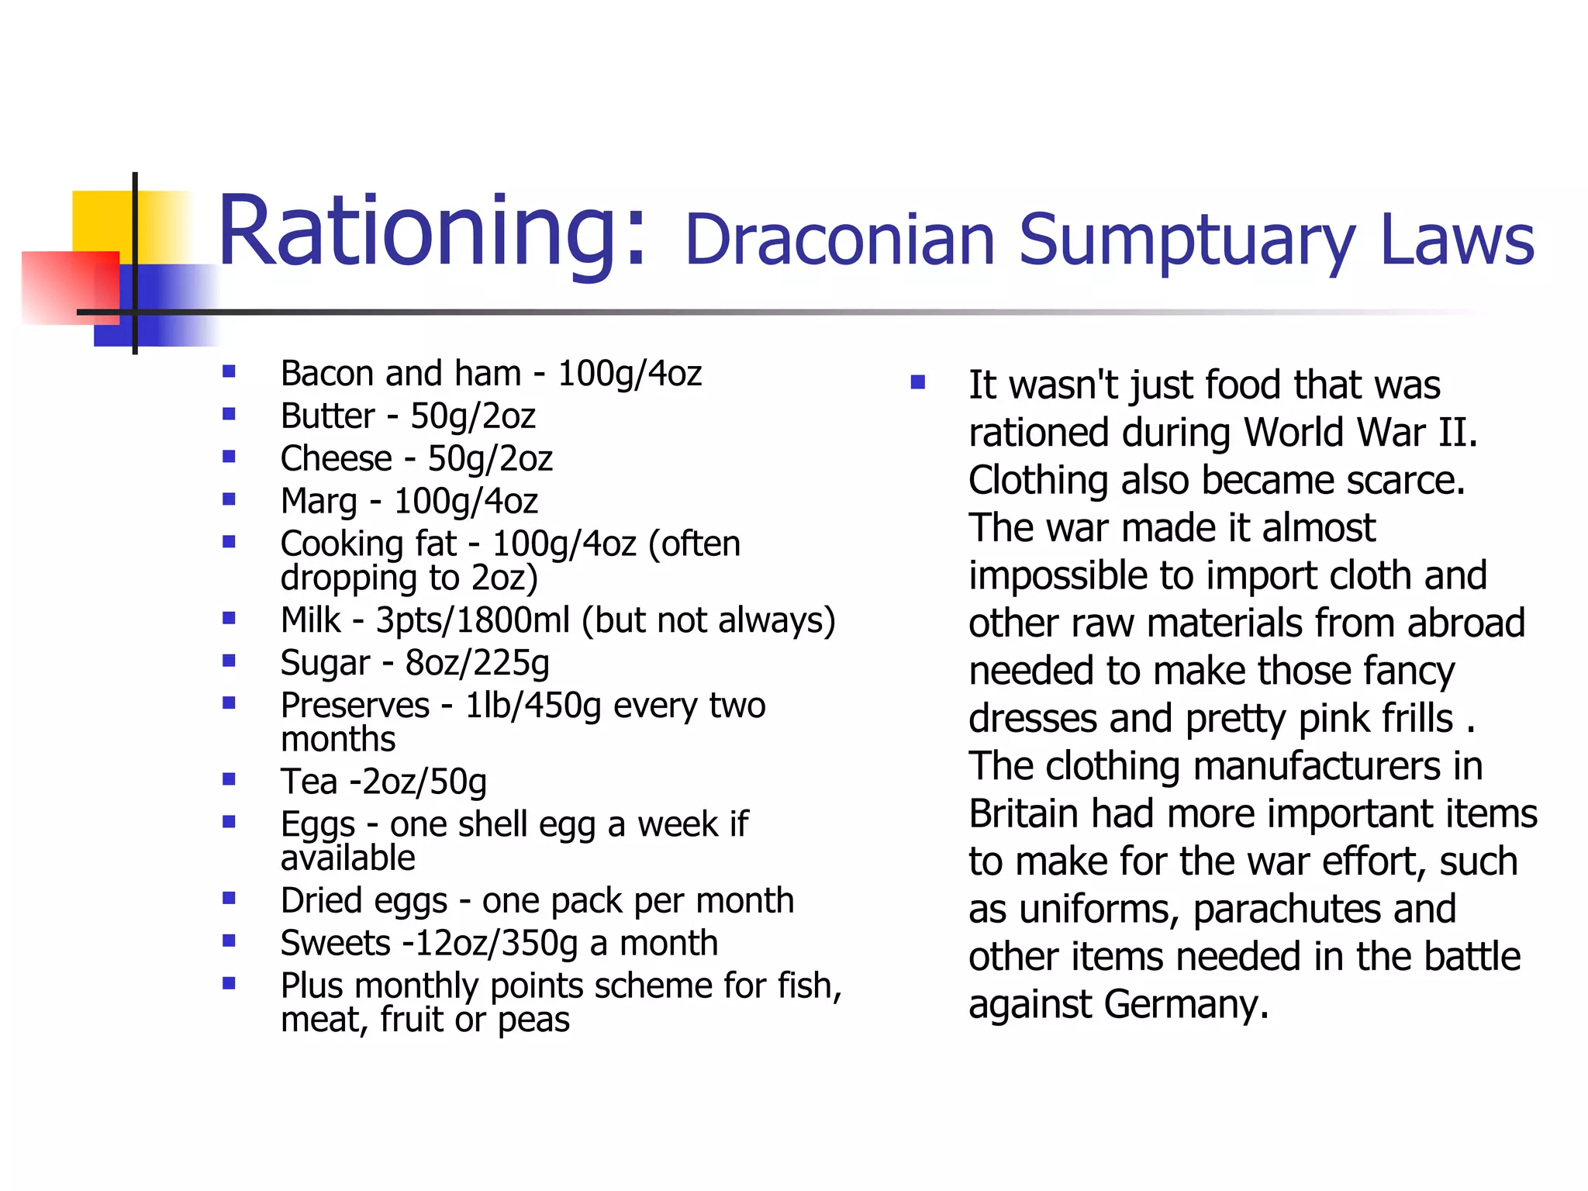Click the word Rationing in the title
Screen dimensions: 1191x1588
430,233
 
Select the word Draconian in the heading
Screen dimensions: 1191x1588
840,240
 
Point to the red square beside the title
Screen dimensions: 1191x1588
70,287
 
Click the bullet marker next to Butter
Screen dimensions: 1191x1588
229,414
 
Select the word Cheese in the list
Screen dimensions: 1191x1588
336,458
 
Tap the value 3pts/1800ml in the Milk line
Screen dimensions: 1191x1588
472,620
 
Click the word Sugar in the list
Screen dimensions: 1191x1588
325,664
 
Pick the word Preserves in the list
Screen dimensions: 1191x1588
354,706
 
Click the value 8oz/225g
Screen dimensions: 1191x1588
477,664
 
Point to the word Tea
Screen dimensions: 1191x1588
309,782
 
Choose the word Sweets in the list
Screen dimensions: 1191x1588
335,944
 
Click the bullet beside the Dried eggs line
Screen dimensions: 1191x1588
229,899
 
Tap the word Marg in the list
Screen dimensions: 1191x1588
319,502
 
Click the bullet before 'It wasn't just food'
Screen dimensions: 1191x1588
918,382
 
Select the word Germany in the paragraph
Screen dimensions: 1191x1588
1186,1004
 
